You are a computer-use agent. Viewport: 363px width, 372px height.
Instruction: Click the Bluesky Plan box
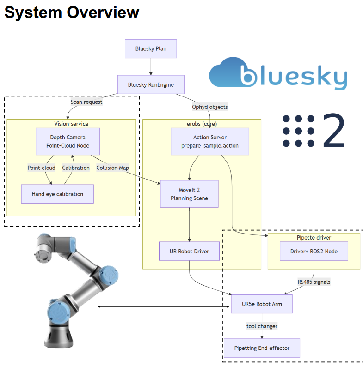[151, 48]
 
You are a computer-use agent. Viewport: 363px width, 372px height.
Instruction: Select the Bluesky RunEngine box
[150, 85]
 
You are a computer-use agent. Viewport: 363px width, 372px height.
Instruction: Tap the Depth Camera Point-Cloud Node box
[68, 141]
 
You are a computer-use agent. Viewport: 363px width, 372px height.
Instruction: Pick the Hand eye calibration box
[57, 194]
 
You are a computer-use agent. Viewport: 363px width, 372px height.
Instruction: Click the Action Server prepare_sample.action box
[210, 141]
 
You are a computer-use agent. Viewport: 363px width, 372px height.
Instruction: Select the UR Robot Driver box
[190, 252]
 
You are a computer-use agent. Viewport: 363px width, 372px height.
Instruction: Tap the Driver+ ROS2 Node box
[314, 252]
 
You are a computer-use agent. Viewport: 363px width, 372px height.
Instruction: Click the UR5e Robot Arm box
[262, 304]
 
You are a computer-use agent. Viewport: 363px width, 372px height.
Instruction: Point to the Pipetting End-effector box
[262, 348]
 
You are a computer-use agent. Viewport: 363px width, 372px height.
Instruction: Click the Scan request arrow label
[86, 102]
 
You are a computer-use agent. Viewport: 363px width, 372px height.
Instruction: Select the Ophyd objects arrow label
[210, 107]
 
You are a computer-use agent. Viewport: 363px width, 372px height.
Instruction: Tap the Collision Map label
[112, 168]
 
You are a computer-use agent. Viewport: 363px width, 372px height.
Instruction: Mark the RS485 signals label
[314, 281]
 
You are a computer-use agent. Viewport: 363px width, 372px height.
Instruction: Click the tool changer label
[262, 326]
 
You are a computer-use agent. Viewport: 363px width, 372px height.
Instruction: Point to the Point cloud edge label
[41, 168]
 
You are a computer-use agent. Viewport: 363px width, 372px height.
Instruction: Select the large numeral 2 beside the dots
[334, 130]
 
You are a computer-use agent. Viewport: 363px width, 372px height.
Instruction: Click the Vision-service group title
[71, 124]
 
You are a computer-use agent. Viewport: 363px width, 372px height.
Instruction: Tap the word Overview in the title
[102, 12]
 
